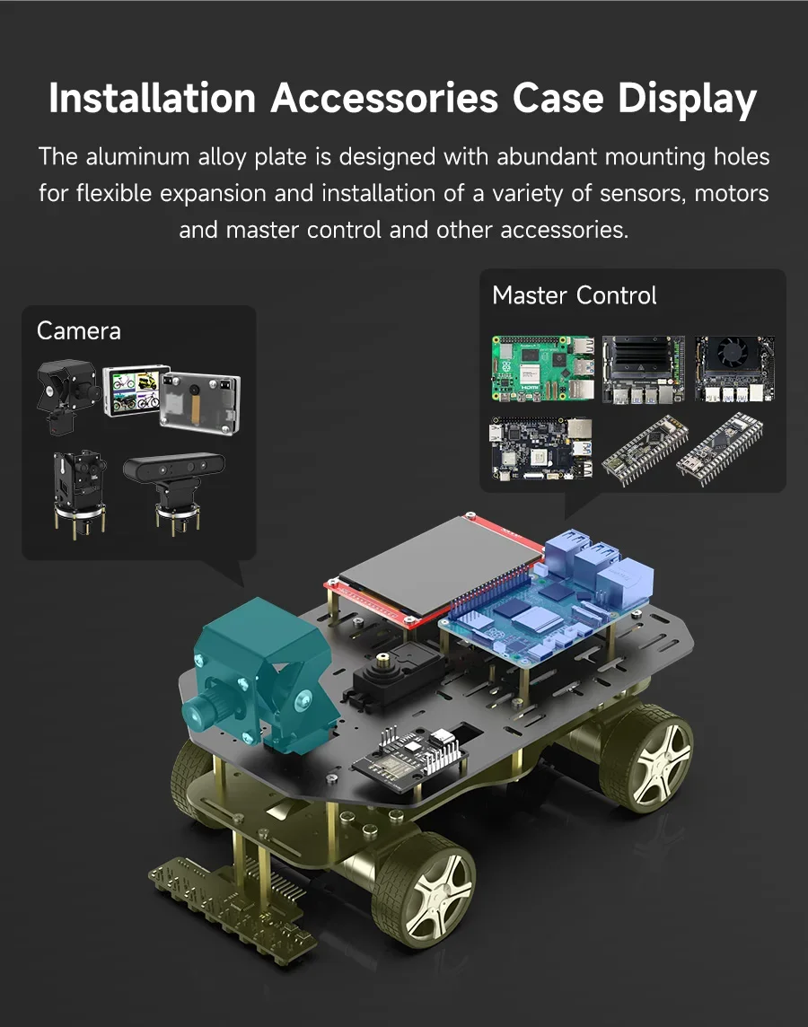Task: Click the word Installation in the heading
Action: [x=152, y=98]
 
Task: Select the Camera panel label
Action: [x=79, y=330]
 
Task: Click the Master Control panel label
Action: [x=575, y=295]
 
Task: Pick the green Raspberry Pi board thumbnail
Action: [x=543, y=369]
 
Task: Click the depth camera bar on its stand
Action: [x=174, y=468]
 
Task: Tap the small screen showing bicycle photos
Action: [x=135, y=391]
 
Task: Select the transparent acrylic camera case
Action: [x=200, y=402]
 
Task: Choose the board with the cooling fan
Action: [x=734, y=368]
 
